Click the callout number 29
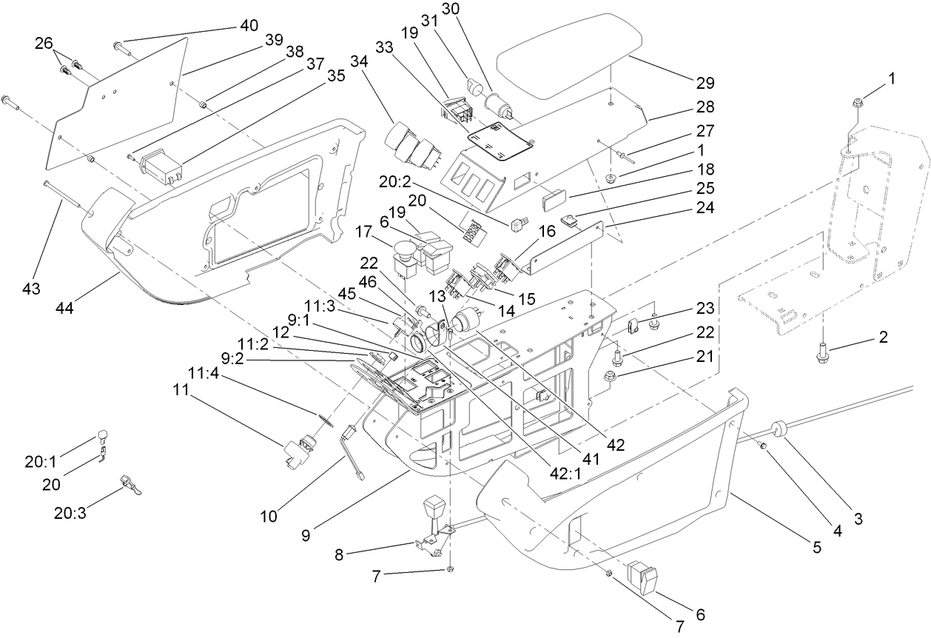705,81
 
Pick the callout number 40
249,26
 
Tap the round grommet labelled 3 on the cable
778,428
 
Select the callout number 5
817,548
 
